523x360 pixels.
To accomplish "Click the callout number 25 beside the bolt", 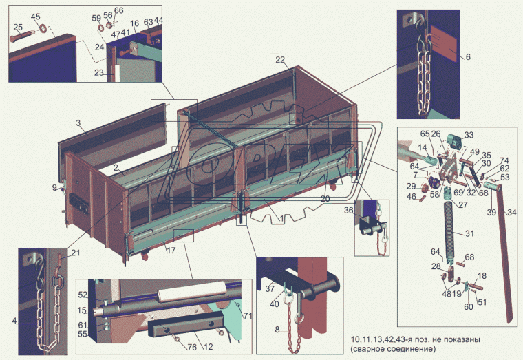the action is tap(18, 27).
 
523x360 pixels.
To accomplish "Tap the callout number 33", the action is tap(469, 135).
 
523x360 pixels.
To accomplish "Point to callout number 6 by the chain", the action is tap(468, 57).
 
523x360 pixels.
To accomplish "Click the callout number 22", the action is tap(280, 60).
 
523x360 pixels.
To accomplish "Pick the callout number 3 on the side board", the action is tap(78, 123).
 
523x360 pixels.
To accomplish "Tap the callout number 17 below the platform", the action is tap(171, 251).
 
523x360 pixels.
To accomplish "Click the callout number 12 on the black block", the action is tap(208, 347).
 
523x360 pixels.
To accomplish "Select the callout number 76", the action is tap(192, 347).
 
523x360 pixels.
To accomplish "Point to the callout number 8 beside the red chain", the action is tap(277, 330).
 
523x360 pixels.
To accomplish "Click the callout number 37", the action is tap(270, 288).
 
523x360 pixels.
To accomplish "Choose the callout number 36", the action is tap(349, 211).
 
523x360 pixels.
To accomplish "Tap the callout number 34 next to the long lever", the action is tap(512, 212).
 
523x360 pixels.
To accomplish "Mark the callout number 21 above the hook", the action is tap(76, 253).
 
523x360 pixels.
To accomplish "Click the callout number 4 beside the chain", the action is tap(14, 321).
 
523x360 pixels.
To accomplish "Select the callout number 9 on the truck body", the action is tap(54, 188).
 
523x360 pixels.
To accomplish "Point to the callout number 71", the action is tap(248, 316).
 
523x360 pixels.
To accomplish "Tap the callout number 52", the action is tap(83, 295).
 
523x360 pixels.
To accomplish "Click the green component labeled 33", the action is tap(454, 141).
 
